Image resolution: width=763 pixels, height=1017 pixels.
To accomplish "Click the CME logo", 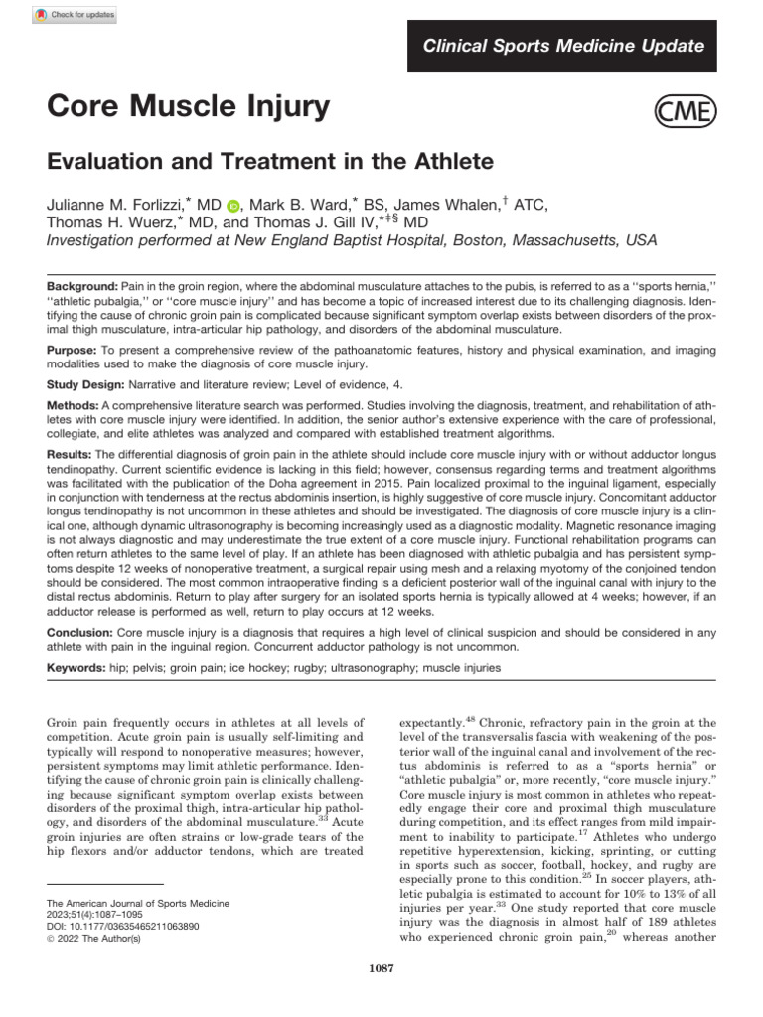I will [684, 112].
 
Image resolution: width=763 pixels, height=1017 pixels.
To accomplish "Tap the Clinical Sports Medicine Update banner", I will [563, 46].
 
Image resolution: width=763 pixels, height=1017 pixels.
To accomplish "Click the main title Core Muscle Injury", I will [188, 108].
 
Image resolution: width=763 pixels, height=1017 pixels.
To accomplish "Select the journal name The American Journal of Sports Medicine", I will [139, 903].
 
